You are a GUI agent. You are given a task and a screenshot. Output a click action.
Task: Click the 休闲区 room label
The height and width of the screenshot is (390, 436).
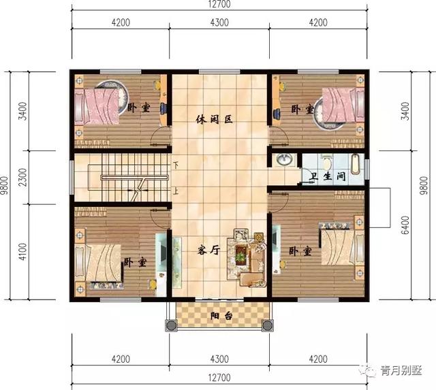[x=214, y=120]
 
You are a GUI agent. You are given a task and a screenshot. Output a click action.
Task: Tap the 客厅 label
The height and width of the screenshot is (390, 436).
[x=209, y=250]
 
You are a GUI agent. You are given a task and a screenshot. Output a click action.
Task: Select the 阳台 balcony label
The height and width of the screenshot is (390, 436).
[x=221, y=316]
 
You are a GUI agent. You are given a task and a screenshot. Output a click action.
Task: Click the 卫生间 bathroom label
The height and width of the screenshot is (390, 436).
[x=328, y=176]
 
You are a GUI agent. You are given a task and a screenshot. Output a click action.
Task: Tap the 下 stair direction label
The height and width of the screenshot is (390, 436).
[x=176, y=165]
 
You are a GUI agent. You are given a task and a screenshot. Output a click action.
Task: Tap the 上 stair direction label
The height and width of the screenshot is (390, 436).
[x=176, y=191]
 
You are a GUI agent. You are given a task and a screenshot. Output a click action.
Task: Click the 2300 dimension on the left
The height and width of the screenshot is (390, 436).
[x=22, y=177]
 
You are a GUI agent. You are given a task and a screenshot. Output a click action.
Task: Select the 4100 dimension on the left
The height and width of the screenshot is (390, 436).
[x=22, y=252]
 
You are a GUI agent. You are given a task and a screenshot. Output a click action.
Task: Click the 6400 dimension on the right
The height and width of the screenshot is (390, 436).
[x=406, y=225]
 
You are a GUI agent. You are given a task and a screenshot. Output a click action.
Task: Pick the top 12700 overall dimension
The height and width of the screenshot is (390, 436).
[x=219, y=4]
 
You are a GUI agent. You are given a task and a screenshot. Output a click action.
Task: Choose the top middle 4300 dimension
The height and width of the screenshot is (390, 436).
[x=219, y=22]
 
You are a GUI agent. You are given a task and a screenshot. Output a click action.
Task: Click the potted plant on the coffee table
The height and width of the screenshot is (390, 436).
[x=240, y=254]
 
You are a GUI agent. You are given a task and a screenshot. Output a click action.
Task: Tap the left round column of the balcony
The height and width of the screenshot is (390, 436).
[x=170, y=325]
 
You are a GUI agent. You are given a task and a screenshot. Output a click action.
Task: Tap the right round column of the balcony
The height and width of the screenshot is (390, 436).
[x=267, y=325]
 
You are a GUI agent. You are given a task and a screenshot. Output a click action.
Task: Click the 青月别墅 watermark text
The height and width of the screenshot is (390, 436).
[x=401, y=371]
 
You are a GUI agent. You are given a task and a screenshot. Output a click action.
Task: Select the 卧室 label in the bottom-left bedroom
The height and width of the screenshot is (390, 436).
[x=135, y=262]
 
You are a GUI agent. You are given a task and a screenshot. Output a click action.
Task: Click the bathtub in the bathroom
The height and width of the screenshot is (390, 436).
[x=355, y=164]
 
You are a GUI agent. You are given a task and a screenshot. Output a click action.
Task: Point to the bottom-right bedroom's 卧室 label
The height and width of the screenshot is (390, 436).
[x=300, y=251]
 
